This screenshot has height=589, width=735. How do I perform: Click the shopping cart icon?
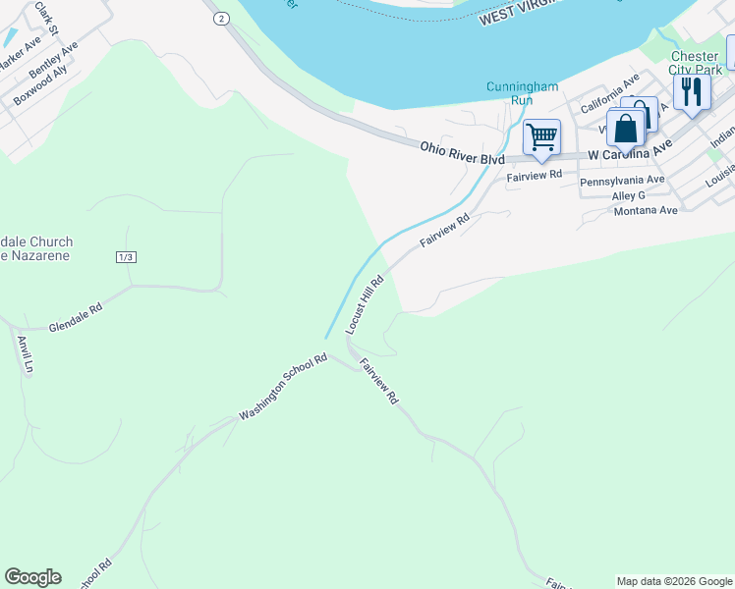tap(541, 136)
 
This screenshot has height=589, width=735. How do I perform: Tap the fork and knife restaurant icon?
tap(692, 92)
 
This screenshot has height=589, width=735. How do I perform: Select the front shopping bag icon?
tap(626, 129)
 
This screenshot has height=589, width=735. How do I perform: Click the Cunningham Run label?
tap(522, 93)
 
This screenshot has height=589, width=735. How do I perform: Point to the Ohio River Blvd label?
tap(462, 152)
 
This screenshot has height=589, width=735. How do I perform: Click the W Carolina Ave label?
tap(630, 150)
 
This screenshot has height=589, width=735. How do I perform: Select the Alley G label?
tap(628, 196)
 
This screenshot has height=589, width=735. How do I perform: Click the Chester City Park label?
tap(695, 63)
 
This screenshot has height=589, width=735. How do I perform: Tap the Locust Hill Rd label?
tap(365, 305)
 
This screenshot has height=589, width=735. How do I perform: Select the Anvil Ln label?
tap(26, 355)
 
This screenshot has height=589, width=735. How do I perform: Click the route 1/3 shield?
tap(125, 257)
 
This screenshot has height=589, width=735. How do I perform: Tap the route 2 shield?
tap(222, 19)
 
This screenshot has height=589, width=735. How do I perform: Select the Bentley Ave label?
tap(53, 61)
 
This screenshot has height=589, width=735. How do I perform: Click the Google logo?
tap(32, 577)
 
